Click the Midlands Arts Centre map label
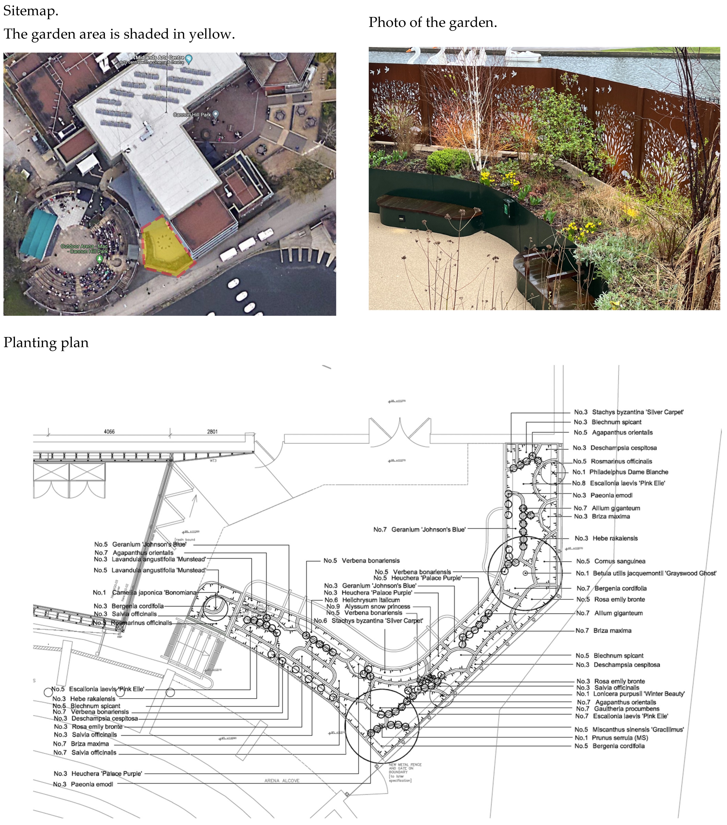click(160, 58)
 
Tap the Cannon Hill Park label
click(192, 115)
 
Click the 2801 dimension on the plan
click(212, 432)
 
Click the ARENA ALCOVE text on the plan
click(282, 781)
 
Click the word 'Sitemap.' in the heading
click(31, 11)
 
